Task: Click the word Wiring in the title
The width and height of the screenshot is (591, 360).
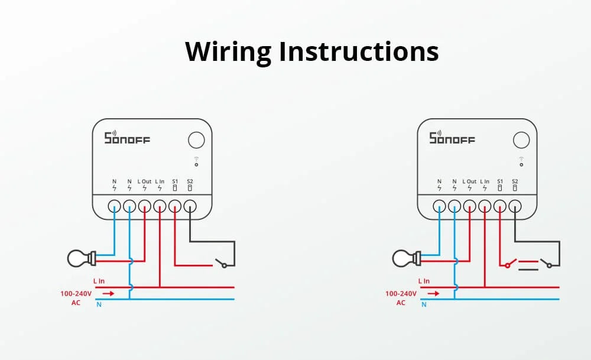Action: pyautogui.click(x=228, y=51)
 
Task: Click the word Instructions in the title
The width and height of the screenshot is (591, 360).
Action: pyautogui.click(x=359, y=51)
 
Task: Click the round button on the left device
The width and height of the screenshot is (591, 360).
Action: pyautogui.click(x=196, y=140)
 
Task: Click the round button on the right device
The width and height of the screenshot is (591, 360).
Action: pyautogui.click(x=521, y=140)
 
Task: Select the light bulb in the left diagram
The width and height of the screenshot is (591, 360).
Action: pyautogui.click(x=80, y=258)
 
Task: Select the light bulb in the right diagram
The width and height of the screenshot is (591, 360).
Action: pyautogui.click(x=405, y=258)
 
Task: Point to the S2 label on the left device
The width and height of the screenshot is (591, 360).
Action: pyautogui.click(x=190, y=181)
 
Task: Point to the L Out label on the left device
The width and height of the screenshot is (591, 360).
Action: pyautogui.click(x=145, y=181)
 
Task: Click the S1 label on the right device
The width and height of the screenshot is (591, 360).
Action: pyautogui.click(x=500, y=181)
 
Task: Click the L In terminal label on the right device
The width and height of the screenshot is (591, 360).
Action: pyautogui.click(x=485, y=181)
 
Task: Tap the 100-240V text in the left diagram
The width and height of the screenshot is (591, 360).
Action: pyautogui.click(x=76, y=293)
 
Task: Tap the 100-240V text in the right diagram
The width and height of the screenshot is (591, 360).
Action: pyautogui.click(x=401, y=293)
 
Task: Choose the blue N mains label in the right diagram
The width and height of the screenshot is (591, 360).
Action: pyautogui.click(x=424, y=305)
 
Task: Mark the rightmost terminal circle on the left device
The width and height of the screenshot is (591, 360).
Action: pyautogui.click(x=190, y=206)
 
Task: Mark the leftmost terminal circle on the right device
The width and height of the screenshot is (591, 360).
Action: pyautogui.click(x=439, y=206)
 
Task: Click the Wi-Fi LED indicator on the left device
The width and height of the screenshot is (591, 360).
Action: pyautogui.click(x=196, y=161)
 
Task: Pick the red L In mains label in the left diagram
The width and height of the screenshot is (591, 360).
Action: pyautogui.click(x=99, y=281)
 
